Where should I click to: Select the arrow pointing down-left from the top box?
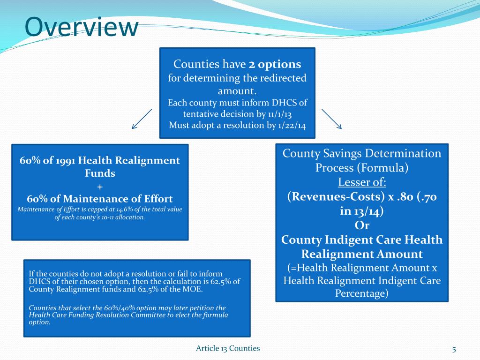click(x=142, y=119)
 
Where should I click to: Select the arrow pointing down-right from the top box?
click(x=332, y=119)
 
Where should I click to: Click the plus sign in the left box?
click(x=99, y=186)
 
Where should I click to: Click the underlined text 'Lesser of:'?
click(x=362, y=182)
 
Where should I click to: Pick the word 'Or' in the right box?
click(x=362, y=225)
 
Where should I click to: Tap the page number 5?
click(x=454, y=348)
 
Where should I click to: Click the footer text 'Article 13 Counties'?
click(x=228, y=348)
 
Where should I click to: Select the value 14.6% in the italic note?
click(x=121, y=209)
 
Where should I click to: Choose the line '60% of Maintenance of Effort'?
click(x=99, y=199)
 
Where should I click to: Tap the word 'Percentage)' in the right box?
click(x=362, y=293)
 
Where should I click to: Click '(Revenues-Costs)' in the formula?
click(x=327, y=197)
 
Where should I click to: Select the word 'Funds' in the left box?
click(x=99, y=173)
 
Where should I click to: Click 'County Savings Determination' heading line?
click(x=362, y=153)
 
